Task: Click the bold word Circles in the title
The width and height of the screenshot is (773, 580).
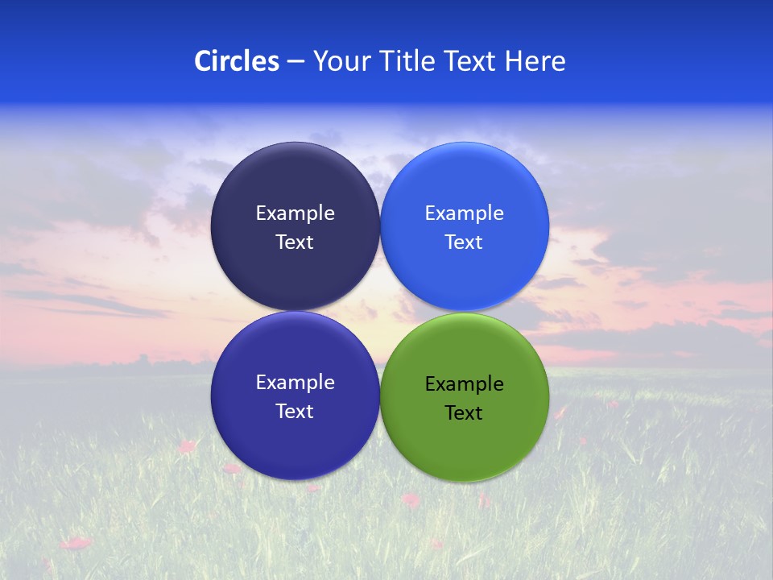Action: click(x=236, y=60)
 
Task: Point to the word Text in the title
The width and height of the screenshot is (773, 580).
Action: click(x=471, y=60)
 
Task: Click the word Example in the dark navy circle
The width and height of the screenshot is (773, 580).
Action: click(x=295, y=213)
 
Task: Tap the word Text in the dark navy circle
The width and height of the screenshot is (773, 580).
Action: click(x=295, y=242)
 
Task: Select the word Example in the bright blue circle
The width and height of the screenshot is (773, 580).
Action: click(x=464, y=213)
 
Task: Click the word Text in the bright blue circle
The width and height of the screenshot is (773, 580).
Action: click(x=464, y=242)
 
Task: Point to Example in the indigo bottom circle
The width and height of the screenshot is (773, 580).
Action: click(x=295, y=382)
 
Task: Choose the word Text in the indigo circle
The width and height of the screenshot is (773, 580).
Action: click(x=295, y=411)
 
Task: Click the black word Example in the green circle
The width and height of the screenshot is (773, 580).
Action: click(x=464, y=383)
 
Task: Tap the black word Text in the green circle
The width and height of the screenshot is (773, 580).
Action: click(x=464, y=412)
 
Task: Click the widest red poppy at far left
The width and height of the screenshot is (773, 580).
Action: click(x=76, y=543)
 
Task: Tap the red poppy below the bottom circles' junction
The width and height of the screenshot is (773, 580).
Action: click(x=411, y=500)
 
